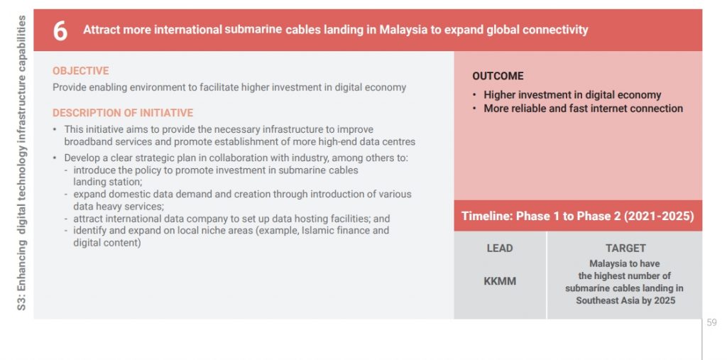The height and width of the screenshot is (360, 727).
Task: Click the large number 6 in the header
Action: click(60, 31)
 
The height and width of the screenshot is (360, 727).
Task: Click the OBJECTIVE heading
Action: click(81, 71)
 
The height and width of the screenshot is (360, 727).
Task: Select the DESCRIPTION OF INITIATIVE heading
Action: click(123, 113)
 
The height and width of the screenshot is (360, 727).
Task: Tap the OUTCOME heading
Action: click(498, 76)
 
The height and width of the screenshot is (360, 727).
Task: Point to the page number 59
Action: click(711, 322)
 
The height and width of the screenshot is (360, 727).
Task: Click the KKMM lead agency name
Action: click(500, 281)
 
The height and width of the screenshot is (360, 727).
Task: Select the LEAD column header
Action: click(500, 249)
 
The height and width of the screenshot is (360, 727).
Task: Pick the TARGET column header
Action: click(625, 249)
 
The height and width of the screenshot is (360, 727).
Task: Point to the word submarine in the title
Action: click(253, 30)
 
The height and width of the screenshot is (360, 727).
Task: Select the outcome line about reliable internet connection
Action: click(584, 109)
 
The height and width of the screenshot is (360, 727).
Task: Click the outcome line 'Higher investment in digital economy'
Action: click(573, 95)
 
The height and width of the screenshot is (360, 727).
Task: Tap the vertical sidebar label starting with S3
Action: click(21, 163)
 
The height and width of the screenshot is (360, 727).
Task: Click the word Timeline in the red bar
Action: click(486, 216)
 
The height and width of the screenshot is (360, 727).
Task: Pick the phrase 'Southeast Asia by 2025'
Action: click(625, 300)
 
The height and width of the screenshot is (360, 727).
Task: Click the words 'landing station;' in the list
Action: click(108, 182)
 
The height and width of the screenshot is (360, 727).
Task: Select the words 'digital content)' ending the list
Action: click(107, 243)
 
